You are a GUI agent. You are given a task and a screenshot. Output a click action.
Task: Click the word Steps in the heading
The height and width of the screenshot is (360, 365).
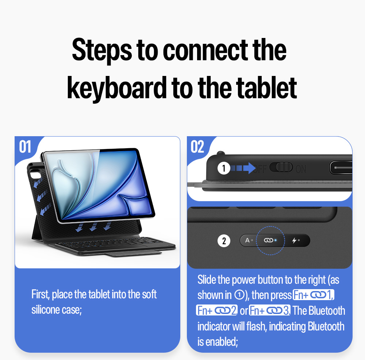click(x=102, y=50)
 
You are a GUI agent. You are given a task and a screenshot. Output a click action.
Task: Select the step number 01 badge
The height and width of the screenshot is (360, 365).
click(x=25, y=147)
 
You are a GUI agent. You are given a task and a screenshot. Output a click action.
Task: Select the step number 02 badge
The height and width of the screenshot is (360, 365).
click(x=197, y=147)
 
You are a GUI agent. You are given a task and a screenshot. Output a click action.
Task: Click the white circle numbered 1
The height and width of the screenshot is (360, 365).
click(x=224, y=168)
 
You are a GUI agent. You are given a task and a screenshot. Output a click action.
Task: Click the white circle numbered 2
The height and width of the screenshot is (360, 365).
click(x=224, y=241)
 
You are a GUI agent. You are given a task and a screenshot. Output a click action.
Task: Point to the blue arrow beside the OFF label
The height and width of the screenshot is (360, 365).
click(x=243, y=168)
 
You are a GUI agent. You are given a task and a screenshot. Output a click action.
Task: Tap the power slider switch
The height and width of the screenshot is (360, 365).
click(x=281, y=167)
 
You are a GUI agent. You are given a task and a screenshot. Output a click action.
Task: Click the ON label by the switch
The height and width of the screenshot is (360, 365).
click(x=301, y=169)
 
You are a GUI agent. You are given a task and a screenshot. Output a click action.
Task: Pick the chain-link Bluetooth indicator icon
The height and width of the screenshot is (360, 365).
click(x=268, y=240)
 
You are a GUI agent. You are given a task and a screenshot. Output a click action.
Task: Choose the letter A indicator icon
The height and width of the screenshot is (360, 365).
click(x=247, y=240)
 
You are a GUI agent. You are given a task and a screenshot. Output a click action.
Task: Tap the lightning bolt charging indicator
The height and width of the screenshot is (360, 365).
click(x=295, y=240)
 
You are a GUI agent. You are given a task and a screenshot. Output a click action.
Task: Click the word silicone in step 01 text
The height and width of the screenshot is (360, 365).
click(x=46, y=310)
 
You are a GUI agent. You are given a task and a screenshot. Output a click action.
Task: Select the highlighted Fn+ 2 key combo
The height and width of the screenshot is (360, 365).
click(x=217, y=310)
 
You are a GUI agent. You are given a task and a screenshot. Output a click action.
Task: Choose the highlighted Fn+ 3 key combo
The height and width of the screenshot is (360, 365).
click(x=270, y=310)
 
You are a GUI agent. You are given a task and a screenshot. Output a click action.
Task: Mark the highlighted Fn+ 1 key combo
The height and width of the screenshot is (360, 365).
click(x=313, y=295)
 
